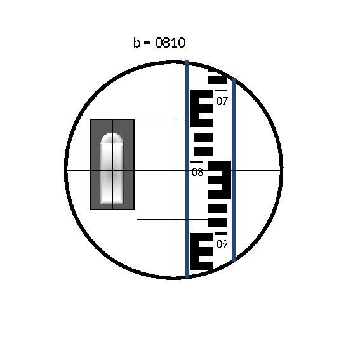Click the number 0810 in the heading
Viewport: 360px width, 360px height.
[170, 43]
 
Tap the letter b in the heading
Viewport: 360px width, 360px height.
[137, 43]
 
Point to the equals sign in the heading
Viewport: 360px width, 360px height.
[147, 43]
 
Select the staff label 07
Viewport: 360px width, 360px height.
[222, 101]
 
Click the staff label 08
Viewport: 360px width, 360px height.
[197, 172]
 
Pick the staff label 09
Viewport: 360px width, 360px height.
[222, 244]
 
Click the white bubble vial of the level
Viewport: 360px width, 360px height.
[112, 168]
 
